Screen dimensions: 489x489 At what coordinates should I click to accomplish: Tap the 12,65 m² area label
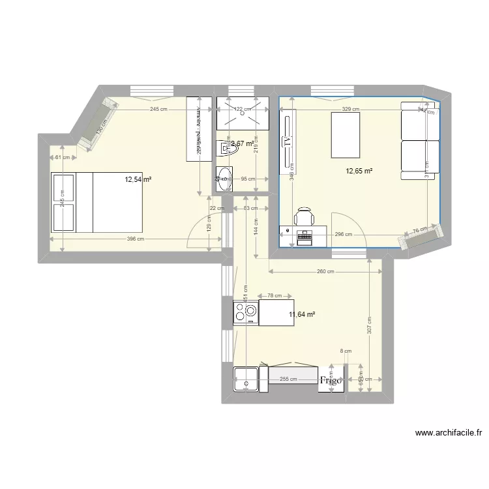point(359,171)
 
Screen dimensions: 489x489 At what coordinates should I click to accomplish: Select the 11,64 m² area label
point(302,314)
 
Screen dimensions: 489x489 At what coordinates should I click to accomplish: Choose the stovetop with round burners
point(246,312)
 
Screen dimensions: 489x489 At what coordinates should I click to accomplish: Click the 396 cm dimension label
point(134,239)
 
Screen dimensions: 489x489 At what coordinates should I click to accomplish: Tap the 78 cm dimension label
point(274,295)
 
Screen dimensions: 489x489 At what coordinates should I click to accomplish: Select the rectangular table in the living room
point(346,135)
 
